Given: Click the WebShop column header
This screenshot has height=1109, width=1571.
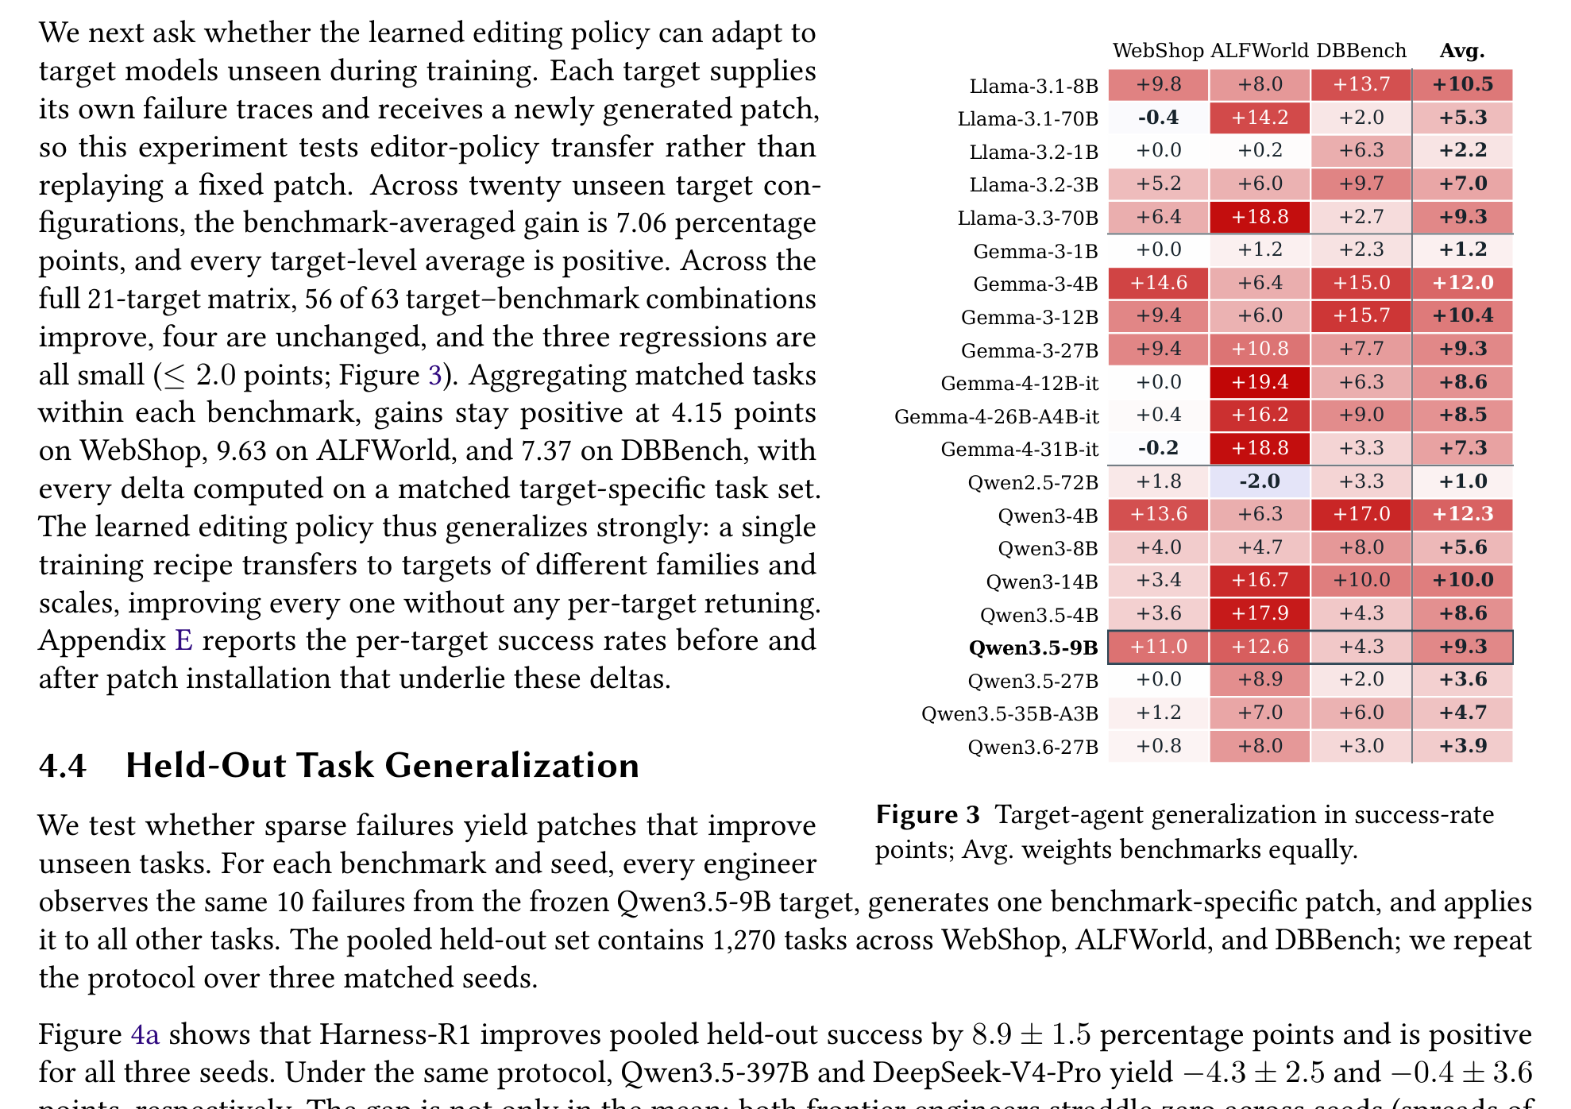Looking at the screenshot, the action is tap(1158, 51).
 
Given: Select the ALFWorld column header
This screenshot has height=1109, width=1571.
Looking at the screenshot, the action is tap(1259, 51).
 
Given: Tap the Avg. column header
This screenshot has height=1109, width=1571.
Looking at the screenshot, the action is tap(1462, 51).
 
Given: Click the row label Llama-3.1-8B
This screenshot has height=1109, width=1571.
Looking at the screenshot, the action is tap(1034, 86).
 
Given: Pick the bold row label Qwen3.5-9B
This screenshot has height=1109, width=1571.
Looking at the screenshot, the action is tap(1033, 647).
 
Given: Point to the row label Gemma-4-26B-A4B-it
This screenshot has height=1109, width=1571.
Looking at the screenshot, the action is tap(997, 416).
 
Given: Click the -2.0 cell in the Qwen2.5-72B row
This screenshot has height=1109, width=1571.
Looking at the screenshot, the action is tap(1260, 481).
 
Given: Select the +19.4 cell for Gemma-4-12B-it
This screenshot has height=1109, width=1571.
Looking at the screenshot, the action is tap(1260, 382).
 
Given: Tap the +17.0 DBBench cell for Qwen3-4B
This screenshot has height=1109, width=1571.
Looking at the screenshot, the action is tap(1361, 514).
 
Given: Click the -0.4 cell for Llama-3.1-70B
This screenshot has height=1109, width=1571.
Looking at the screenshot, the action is tap(1158, 118).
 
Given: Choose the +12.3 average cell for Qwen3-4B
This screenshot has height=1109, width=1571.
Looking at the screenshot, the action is tap(1463, 514).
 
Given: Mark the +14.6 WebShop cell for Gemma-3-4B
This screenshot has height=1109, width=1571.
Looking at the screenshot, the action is tap(1158, 283).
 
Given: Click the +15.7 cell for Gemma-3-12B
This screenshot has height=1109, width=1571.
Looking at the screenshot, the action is tap(1361, 315).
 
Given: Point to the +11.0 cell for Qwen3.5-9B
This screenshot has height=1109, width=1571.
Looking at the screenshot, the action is tap(1158, 647).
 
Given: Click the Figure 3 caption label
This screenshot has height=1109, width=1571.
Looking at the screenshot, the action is tap(928, 815).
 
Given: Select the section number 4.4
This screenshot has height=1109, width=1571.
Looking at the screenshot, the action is tap(63, 766).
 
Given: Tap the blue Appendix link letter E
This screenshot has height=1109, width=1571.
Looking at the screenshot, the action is tap(183, 640).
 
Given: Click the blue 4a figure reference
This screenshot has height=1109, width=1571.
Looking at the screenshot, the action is tap(145, 1034).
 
